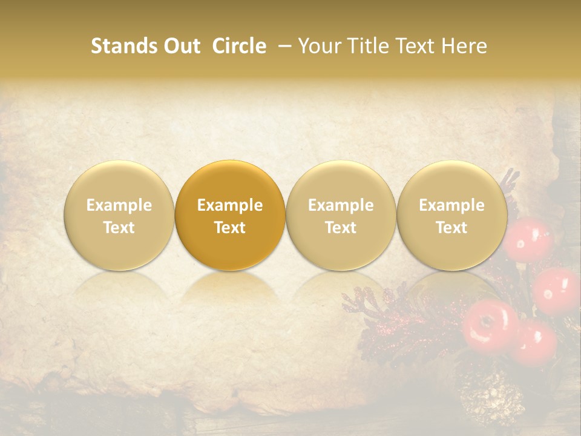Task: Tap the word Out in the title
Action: [180, 46]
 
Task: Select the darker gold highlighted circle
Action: [230, 216]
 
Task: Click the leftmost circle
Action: [119, 216]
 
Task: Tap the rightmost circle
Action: [452, 216]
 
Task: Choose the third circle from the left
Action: [341, 216]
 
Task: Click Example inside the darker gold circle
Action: [230, 205]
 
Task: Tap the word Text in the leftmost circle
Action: [119, 228]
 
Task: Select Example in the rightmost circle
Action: [452, 205]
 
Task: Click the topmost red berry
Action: [528, 239]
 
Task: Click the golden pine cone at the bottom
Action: [491, 400]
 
